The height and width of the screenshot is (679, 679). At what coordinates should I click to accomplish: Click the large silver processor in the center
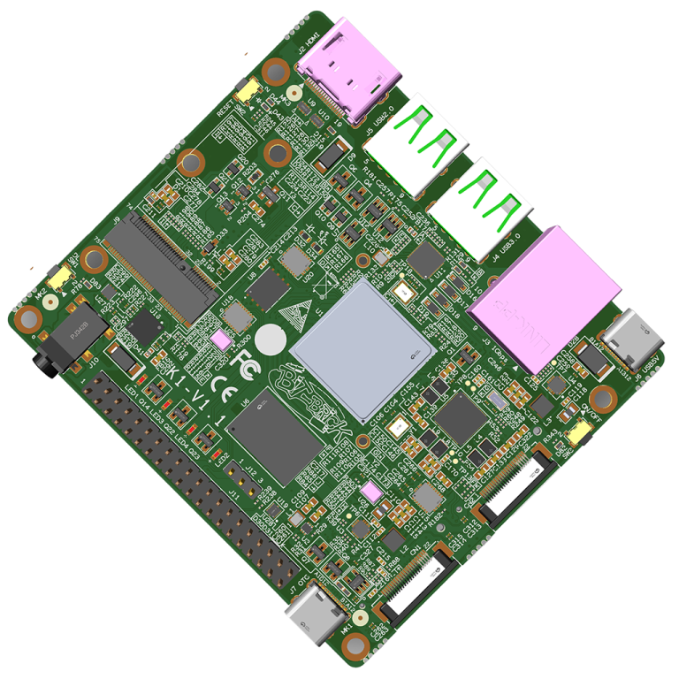(x=362, y=349)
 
